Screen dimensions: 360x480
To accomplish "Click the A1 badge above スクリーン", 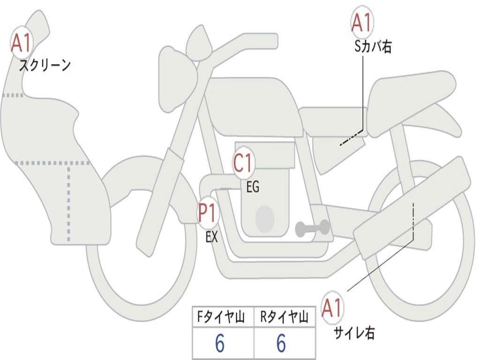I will [22, 43].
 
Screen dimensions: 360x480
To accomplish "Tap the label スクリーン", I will [45, 65].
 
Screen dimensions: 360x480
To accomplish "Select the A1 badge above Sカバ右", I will [362, 22].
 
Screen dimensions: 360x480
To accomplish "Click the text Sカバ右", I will [373, 47].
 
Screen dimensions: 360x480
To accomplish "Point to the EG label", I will [253, 187].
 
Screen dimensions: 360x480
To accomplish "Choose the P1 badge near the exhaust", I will [208, 213].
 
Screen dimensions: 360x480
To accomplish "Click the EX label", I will [211, 237].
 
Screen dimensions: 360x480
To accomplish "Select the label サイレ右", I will [354, 333].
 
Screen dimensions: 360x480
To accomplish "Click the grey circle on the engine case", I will [264, 218].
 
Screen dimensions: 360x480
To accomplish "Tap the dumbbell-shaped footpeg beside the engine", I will [313, 228].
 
